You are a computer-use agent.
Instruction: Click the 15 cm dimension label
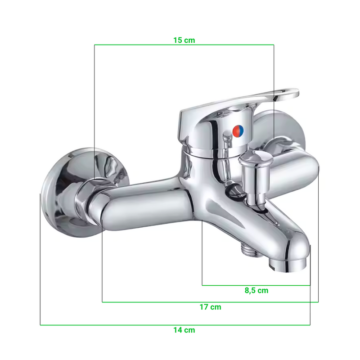pos(184,40)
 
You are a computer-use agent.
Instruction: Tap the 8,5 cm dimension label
pos(256,290)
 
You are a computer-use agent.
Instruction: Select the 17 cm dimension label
pos(210,307)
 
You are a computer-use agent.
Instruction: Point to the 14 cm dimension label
pos(184,330)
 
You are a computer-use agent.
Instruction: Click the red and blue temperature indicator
pos(238,131)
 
